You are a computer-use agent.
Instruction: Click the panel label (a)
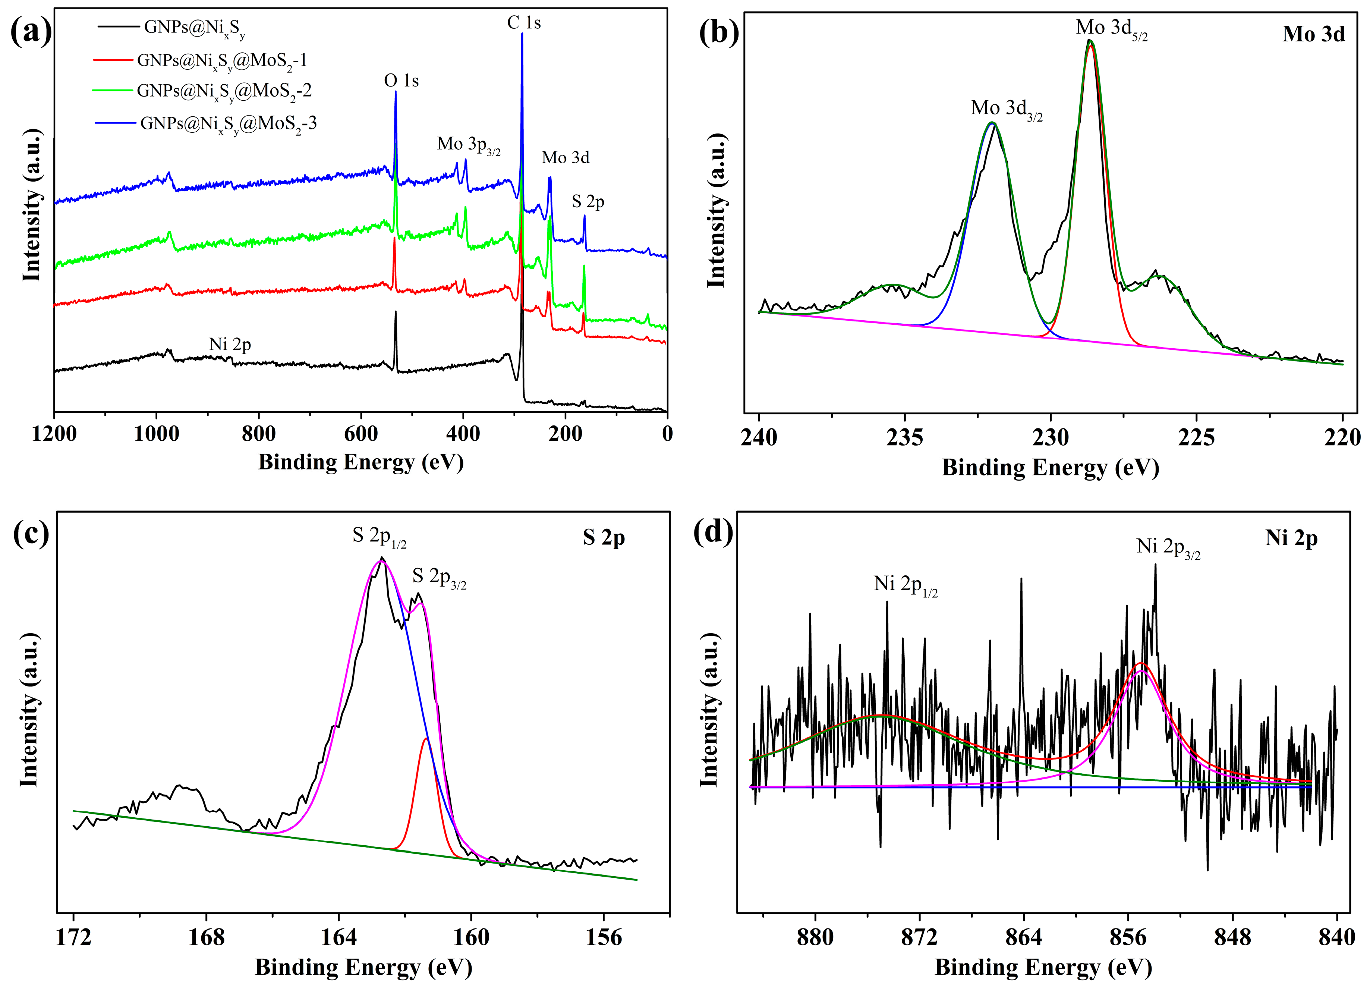click(31, 31)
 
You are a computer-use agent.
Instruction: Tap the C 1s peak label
click(524, 23)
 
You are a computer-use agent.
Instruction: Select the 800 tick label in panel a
click(259, 434)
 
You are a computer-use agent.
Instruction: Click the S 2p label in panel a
click(588, 202)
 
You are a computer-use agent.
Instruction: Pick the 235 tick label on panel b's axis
click(904, 437)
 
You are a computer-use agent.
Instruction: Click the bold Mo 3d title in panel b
click(1313, 34)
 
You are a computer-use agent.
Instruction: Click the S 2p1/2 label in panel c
click(379, 536)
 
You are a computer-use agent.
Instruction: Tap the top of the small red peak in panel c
click(426, 738)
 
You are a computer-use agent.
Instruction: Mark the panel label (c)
click(31, 533)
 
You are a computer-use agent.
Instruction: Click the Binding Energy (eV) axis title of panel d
click(1043, 967)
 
